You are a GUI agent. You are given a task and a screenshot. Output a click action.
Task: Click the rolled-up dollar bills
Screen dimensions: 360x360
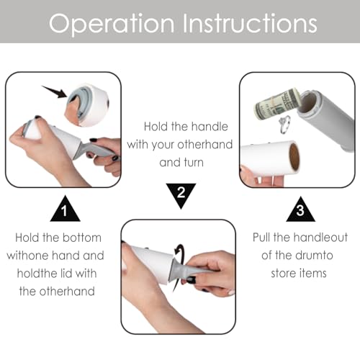click(x=276, y=103)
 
